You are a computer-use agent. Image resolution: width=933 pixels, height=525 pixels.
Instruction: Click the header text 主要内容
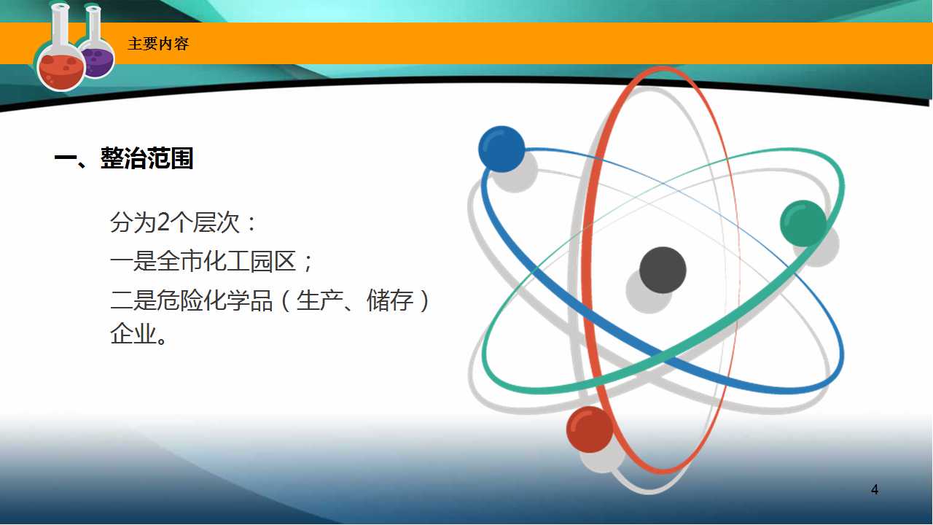pyautogui.click(x=158, y=44)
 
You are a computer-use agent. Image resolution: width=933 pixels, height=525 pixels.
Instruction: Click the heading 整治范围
pyautogui.click(x=147, y=158)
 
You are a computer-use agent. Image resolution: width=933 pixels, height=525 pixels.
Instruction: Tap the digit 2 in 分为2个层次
pyautogui.click(x=164, y=222)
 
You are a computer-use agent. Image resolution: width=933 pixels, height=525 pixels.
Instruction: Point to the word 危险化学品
pyautogui.click(x=214, y=300)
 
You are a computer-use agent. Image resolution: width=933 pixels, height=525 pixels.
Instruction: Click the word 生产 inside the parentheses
pyautogui.click(x=319, y=300)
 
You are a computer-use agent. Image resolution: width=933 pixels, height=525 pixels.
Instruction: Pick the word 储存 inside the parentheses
pyautogui.click(x=390, y=300)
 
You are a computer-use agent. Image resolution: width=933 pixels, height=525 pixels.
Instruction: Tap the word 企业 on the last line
pyautogui.click(x=133, y=334)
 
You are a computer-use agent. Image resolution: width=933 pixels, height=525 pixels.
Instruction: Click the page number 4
pyautogui.click(x=875, y=489)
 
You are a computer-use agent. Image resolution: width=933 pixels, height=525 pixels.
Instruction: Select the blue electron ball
pyautogui.click(x=501, y=149)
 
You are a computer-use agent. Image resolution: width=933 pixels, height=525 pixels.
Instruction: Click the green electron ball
pyautogui.click(x=803, y=223)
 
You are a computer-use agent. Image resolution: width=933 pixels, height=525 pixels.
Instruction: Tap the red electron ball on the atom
pyautogui.click(x=590, y=429)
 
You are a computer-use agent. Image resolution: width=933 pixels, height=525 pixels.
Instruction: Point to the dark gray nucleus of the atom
pyautogui.click(x=663, y=270)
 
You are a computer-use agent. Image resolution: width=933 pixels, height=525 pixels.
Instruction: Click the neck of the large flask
pyautogui.click(x=60, y=25)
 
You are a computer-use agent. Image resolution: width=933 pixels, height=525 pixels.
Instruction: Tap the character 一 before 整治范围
pyautogui.click(x=65, y=158)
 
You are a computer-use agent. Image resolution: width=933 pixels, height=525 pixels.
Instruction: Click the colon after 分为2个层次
pyautogui.click(x=251, y=223)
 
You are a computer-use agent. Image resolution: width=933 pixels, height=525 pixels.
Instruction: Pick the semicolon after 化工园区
pyautogui.click(x=308, y=263)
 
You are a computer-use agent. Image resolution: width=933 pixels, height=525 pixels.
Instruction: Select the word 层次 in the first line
pyautogui.click(x=216, y=222)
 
